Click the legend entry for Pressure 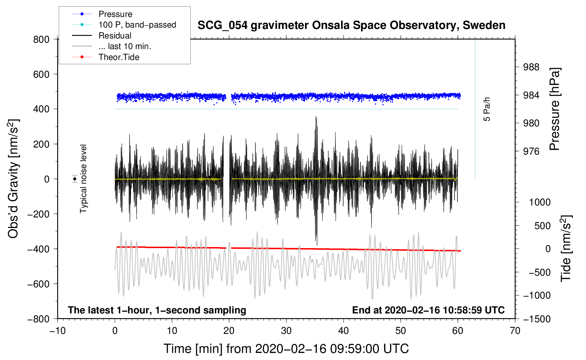(102, 14)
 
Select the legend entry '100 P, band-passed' (124, 25)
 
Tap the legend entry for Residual (102, 35)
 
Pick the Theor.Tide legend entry (106, 57)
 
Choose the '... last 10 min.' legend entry (112, 46)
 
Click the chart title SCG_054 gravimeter (351, 25)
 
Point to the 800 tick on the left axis (41, 40)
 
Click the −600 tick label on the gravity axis (38, 284)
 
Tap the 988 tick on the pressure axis (531, 67)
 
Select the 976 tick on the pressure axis (531, 151)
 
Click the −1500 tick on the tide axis (537, 319)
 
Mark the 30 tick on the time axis (286, 331)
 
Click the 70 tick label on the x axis (515, 331)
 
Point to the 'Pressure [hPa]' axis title (554, 109)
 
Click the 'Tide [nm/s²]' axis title (566, 249)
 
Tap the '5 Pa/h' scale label (486, 109)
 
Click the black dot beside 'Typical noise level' (74, 179)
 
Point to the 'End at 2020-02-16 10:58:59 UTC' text (428, 310)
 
